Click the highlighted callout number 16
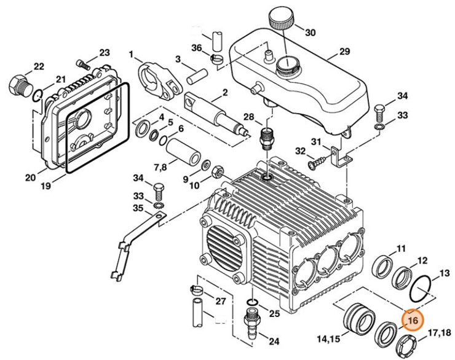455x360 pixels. point(412,321)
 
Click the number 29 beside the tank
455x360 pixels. point(344,53)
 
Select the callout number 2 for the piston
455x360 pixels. point(225,93)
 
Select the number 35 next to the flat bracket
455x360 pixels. point(129,208)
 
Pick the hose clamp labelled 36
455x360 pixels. point(216,59)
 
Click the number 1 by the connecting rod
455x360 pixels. point(131,55)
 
